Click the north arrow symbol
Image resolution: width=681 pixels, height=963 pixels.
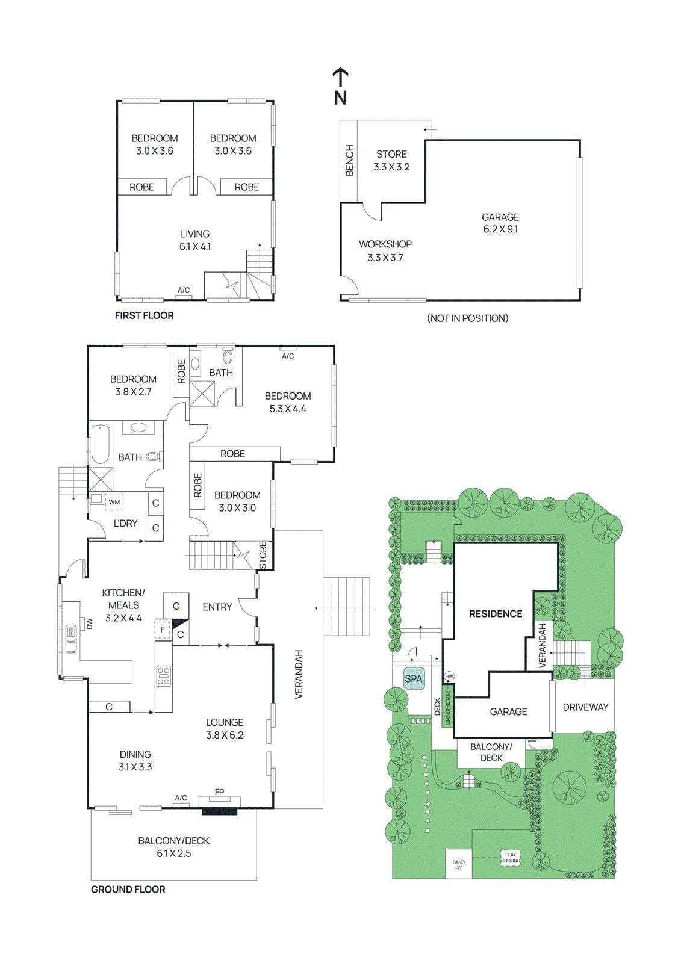tap(340, 86)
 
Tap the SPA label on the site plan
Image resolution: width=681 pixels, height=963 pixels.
tap(414, 678)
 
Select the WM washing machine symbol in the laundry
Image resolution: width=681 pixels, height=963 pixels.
tap(114, 501)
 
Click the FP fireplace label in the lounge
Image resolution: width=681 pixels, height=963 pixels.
tap(219, 792)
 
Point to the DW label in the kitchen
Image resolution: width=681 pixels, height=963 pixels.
tap(90, 624)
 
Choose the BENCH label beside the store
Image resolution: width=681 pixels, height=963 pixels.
tap(349, 161)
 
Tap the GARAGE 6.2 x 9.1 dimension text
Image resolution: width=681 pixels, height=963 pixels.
tap(500, 229)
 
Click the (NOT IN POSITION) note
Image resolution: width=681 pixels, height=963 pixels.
tap(467, 318)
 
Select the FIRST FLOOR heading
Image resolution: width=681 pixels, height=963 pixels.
tap(144, 315)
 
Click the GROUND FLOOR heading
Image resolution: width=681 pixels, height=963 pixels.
tap(128, 889)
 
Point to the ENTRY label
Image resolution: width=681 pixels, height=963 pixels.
tap(217, 607)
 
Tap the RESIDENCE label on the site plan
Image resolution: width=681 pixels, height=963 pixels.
tap(496, 613)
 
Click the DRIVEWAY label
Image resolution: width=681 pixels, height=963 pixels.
tap(585, 707)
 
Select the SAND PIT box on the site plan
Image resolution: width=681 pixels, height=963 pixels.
tap(458, 865)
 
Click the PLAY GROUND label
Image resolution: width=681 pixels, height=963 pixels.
tap(510, 858)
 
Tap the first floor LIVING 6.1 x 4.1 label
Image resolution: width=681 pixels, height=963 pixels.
tap(195, 240)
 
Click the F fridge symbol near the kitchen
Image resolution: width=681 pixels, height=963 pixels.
tap(162, 630)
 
